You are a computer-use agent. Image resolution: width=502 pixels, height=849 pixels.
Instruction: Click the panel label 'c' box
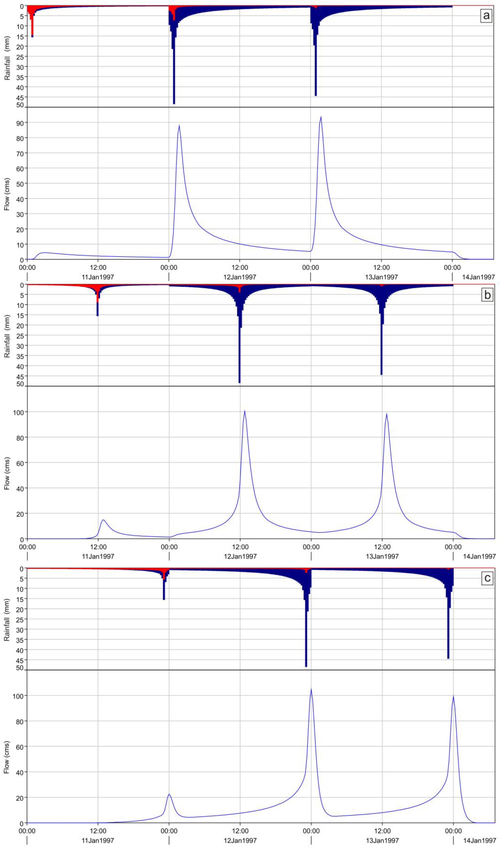click(x=487, y=578)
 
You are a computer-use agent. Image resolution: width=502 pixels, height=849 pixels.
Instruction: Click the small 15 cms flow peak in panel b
click(x=103, y=520)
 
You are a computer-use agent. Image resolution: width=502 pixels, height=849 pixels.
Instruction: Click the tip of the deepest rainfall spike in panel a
click(x=174, y=103)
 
